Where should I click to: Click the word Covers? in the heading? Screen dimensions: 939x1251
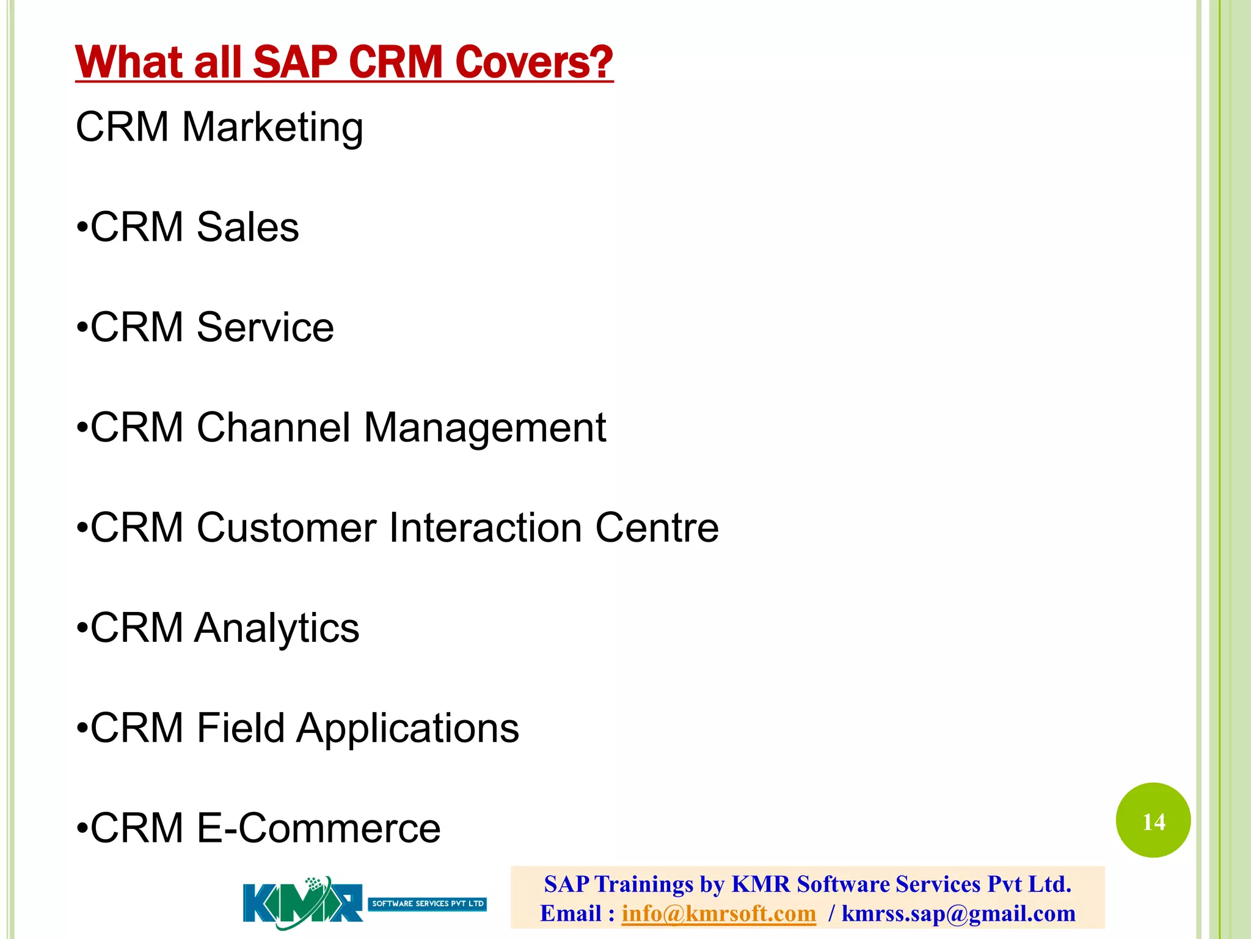pos(534,62)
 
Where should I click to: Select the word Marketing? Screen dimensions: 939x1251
pos(272,128)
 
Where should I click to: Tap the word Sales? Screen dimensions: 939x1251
pos(247,227)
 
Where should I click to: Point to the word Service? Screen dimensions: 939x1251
pos(265,328)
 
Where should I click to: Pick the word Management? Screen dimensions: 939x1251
pos(485,429)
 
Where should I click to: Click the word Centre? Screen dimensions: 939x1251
pos(657,528)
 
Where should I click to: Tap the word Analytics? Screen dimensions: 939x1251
pos(277,628)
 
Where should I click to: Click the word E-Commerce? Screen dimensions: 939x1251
pos(318,828)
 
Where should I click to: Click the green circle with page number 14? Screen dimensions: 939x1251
pos(1153,820)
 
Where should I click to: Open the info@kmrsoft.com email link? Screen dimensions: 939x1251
pos(718,914)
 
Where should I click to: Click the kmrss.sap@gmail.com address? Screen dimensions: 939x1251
pos(958,914)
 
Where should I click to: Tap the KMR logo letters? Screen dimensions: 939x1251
pos(302,904)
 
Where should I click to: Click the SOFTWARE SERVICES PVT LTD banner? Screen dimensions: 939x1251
pos(428,904)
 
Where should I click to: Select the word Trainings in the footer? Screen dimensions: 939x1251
pos(644,885)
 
